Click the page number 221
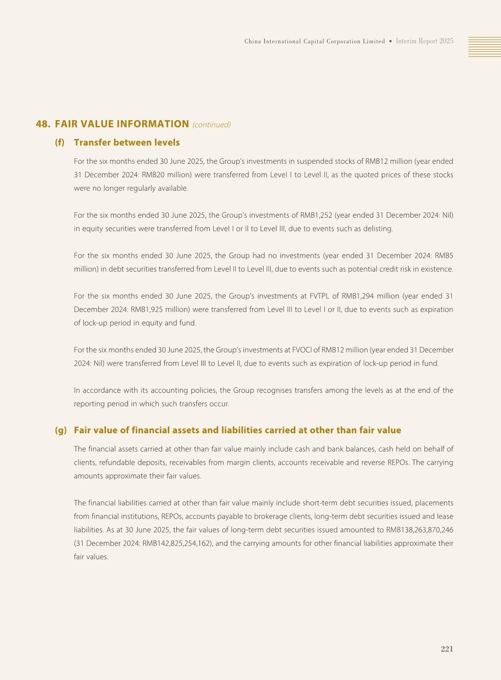[x=447, y=649]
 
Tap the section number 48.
[x=43, y=124]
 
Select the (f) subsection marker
[x=60, y=142]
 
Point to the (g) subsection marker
[x=61, y=430]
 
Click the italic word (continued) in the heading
[x=211, y=125]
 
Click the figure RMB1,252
[x=316, y=215]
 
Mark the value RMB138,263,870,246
[x=419, y=530]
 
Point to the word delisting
[x=378, y=229]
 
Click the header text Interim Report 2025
[x=424, y=41]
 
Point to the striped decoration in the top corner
[x=485, y=46]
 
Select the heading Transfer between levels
[x=127, y=142]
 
